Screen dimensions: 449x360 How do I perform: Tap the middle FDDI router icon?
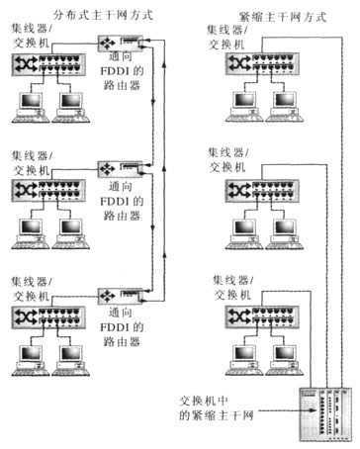(x=110, y=169)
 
